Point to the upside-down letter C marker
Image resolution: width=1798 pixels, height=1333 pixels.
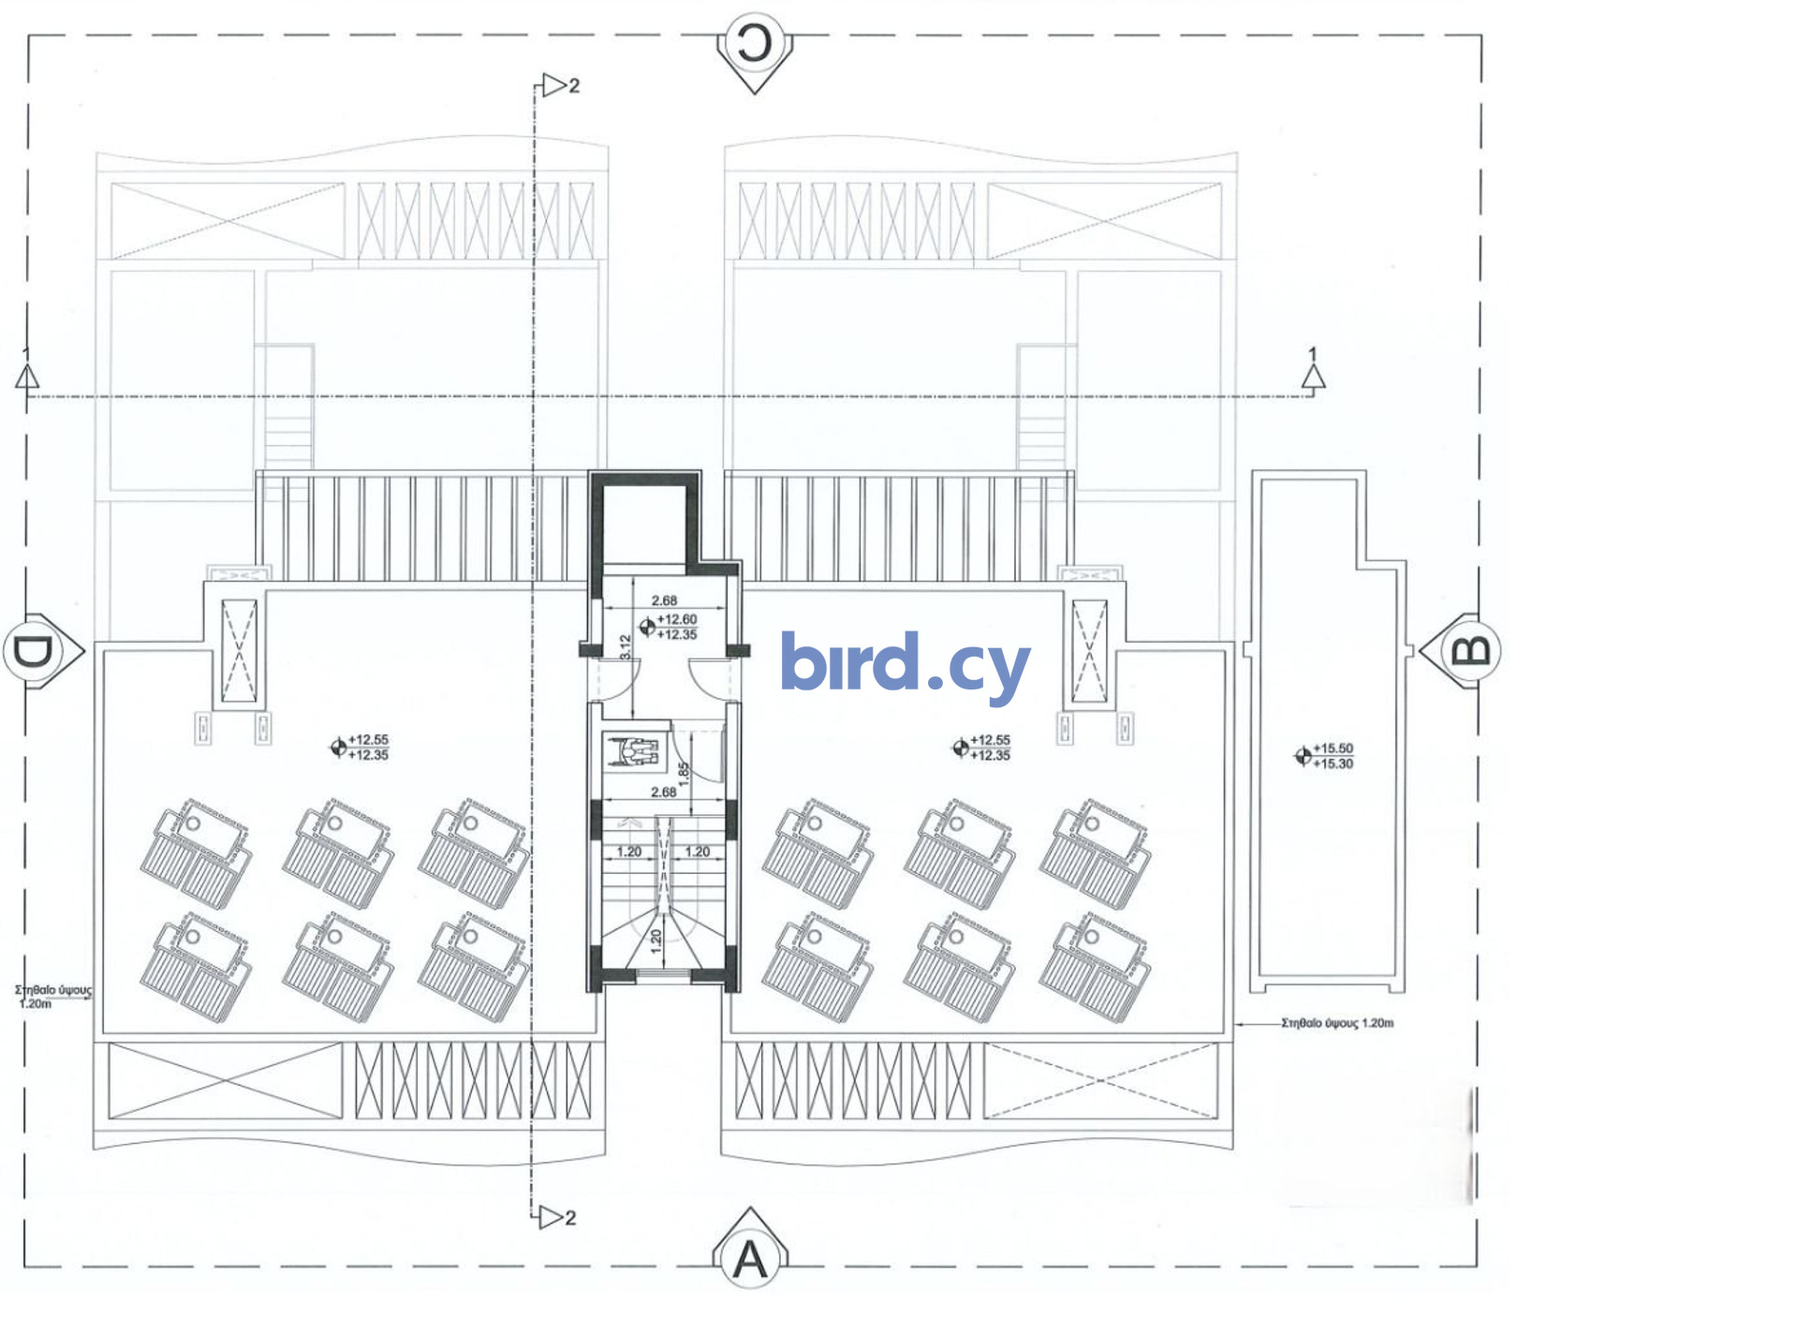(x=755, y=43)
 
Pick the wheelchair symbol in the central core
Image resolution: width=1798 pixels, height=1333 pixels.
(x=635, y=750)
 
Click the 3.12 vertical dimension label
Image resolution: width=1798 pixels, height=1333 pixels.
(x=626, y=646)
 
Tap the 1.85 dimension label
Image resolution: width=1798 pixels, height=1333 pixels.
(x=684, y=773)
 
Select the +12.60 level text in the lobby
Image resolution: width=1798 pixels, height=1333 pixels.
(x=677, y=619)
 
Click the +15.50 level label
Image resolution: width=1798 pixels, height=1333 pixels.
(x=1333, y=748)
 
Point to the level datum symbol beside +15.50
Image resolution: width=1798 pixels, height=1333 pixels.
(x=1303, y=755)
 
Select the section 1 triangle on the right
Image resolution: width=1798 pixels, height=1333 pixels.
(x=1313, y=377)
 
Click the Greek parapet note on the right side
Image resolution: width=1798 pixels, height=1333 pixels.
(x=1337, y=1023)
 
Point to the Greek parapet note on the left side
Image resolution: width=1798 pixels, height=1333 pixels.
(x=52, y=996)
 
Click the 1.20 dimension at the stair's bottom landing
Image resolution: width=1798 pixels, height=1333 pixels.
(x=656, y=941)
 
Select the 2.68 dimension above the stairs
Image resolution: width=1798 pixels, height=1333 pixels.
(x=663, y=792)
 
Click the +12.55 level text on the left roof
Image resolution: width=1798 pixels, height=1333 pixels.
(x=368, y=740)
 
